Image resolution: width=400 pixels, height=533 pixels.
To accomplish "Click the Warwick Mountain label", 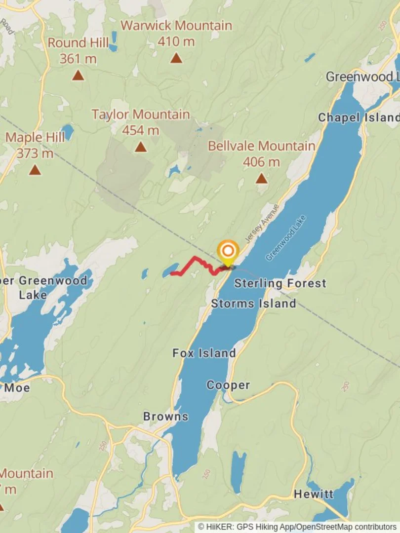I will pyautogui.click(x=176, y=26).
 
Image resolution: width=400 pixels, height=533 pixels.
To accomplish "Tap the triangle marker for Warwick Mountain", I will pyautogui.click(x=176, y=58).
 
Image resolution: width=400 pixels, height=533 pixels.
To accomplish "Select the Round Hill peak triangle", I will pyautogui.click(x=78, y=75).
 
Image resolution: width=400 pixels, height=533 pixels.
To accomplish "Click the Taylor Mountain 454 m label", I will pyautogui.click(x=141, y=122).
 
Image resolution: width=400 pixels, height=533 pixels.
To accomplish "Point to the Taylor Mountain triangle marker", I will pyautogui.click(x=141, y=147).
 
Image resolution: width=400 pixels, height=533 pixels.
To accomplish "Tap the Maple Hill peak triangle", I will pyautogui.click(x=35, y=170).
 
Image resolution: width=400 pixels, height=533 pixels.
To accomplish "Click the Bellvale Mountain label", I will pyautogui.click(x=261, y=146).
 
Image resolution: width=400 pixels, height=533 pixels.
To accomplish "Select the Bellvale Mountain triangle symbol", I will pyautogui.click(x=261, y=178).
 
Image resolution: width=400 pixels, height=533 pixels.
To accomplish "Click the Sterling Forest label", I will pyautogui.click(x=280, y=283).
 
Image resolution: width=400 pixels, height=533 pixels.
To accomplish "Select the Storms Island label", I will pyautogui.click(x=253, y=303).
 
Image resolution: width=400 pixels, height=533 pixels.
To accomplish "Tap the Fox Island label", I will pyautogui.click(x=204, y=353).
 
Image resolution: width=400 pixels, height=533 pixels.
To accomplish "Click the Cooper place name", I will pyautogui.click(x=228, y=385).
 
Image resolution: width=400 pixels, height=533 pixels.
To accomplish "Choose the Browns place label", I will pyautogui.click(x=165, y=416).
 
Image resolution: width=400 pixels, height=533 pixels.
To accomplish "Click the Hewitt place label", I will pyautogui.click(x=313, y=494).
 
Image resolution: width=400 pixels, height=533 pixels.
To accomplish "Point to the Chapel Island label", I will pyautogui.click(x=358, y=117).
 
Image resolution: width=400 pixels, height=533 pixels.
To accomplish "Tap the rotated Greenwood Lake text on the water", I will pyautogui.click(x=286, y=238).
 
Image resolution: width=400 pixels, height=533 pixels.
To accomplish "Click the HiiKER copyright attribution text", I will pyautogui.click(x=297, y=527).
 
